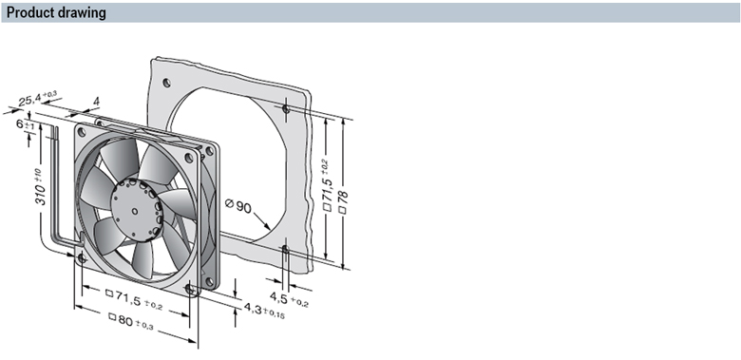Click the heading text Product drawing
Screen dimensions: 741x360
pyautogui.click(x=56, y=12)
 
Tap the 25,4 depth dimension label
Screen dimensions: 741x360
pyautogui.click(x=38, y=98)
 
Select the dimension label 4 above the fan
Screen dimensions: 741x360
pyautogui.click(x=96, y=102)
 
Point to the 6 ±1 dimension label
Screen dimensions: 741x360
pyautogui.click(x=26, y=125)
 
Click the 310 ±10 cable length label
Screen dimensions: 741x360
pyautogui.click(x=40, y=186)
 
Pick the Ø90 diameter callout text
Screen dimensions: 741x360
pyautogui.click(x=238, y=205)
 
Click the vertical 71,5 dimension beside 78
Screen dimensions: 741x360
pyautogui.click(x=327, y=185)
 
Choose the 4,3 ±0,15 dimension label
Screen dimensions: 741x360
pyautogui.click(x=264, y=310)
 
